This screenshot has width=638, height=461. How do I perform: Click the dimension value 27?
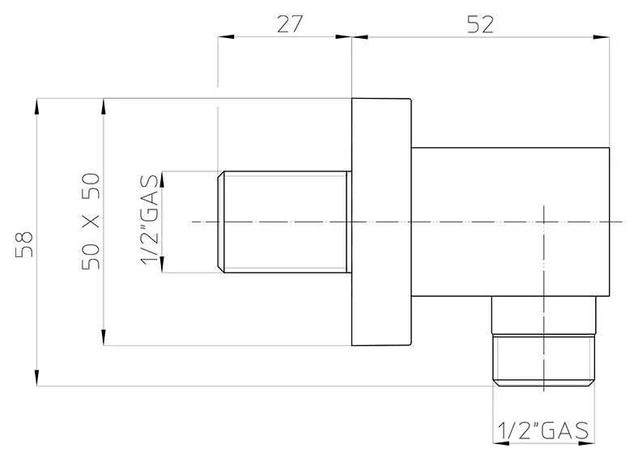(290, 24)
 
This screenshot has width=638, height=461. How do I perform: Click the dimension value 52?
(481, 24)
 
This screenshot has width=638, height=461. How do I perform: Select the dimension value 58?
(24, 244)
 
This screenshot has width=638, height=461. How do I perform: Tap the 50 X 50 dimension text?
(91, 222)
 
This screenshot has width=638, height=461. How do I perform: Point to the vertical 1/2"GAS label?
(149, 220)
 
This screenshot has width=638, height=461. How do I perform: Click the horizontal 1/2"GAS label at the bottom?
(543, 430)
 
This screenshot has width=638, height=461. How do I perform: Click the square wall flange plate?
(381, 222)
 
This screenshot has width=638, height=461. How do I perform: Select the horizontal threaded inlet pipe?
(284, 222)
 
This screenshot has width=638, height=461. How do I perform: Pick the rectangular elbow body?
(510, 222)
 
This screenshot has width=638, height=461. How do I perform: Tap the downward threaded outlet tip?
(544, 360)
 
